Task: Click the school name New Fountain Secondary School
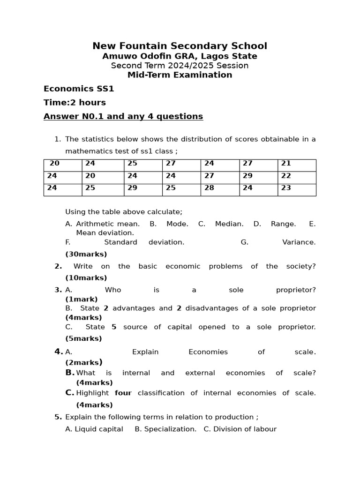pos(180,46)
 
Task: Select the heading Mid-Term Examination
pos(180,75)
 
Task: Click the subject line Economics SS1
pos(79,89)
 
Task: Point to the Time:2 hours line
pos(75,103)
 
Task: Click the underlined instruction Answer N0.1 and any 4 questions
pos(123,116)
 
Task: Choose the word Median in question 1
pos(229,224)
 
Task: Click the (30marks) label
pos(86,254)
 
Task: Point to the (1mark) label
pos(82,299)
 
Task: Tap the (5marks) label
pos(83,338)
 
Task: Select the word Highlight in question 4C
pos(92,393)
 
